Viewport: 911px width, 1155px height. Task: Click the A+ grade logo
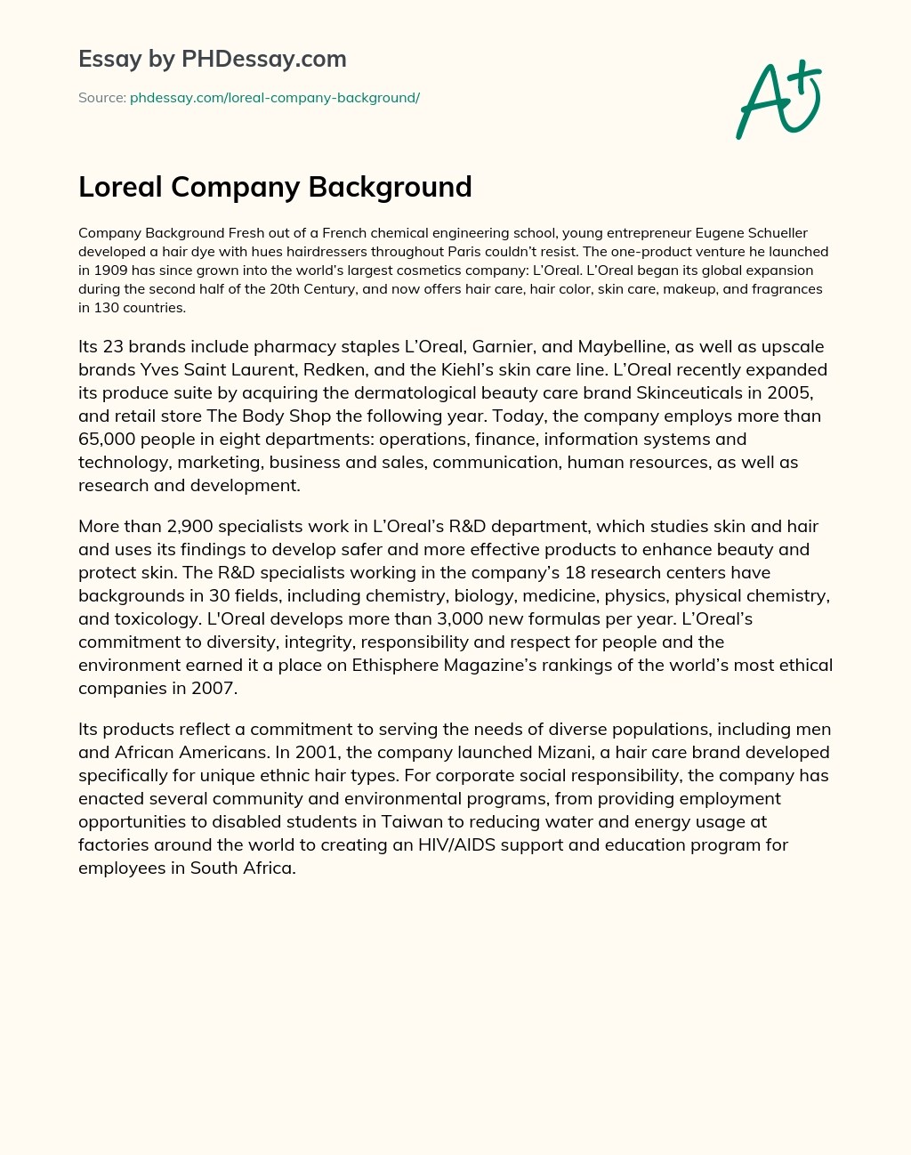[778, 100]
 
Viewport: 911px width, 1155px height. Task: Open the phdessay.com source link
[274, 98]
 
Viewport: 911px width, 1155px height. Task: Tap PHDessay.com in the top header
[263, 59]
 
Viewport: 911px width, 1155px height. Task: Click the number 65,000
[108, 439]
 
